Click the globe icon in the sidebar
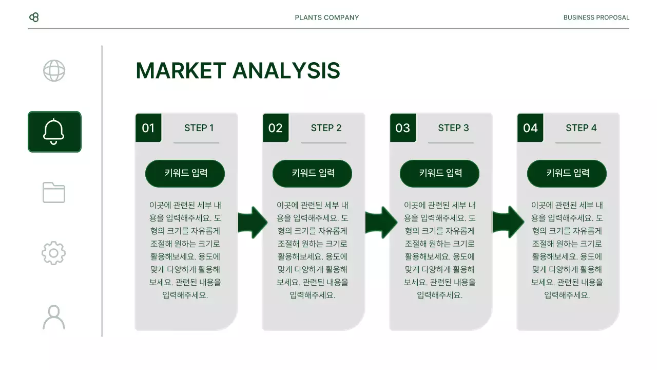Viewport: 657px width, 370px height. point(54,71)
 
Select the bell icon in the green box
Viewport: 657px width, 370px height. point(54,132)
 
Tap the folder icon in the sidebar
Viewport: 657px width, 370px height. point(54,192)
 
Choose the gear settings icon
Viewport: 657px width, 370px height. point(54,253)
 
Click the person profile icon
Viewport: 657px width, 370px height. point(54,317)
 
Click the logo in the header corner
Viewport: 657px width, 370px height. point(34,17)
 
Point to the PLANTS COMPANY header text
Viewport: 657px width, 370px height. point(327,17)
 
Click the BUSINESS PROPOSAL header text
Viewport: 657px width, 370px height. point(596,17)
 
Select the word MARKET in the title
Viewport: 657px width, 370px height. point(181,71)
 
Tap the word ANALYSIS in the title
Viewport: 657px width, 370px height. point(286,71)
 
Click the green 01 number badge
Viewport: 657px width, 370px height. point(148,128)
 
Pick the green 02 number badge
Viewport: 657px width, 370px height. point(276,128)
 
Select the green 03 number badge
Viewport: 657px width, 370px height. point(403,128)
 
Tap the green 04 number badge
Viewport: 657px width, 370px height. point(530,128)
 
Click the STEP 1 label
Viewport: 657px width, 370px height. point(199,128)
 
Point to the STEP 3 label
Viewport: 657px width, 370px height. point(453,128)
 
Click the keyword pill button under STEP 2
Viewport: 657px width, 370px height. point(312,173)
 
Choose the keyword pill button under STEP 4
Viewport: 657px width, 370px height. point(567,173)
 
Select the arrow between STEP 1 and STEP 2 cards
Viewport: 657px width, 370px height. point(253,223)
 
